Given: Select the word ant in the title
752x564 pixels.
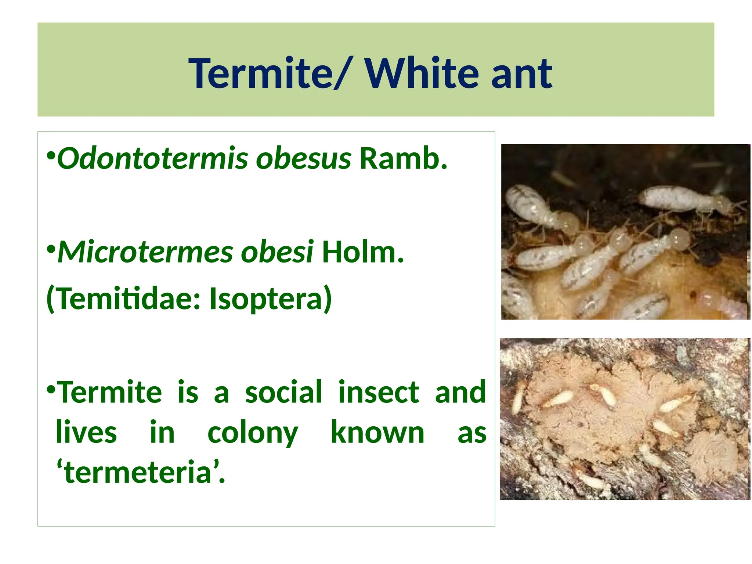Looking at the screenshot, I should [521, 75].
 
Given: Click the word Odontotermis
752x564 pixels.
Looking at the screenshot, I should [152, 159].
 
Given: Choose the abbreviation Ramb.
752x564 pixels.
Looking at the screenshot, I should [404, 159].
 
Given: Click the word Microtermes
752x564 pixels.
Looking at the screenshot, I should [145, 252].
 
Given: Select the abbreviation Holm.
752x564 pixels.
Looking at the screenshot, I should [363, 252].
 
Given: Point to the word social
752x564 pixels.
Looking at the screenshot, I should [283, 392].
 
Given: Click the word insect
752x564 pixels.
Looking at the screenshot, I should [379, 392].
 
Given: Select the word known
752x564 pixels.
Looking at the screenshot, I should [377, 433].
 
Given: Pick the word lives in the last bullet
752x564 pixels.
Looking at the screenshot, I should [86, 433].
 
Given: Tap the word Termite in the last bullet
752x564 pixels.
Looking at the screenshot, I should [110, 392].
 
